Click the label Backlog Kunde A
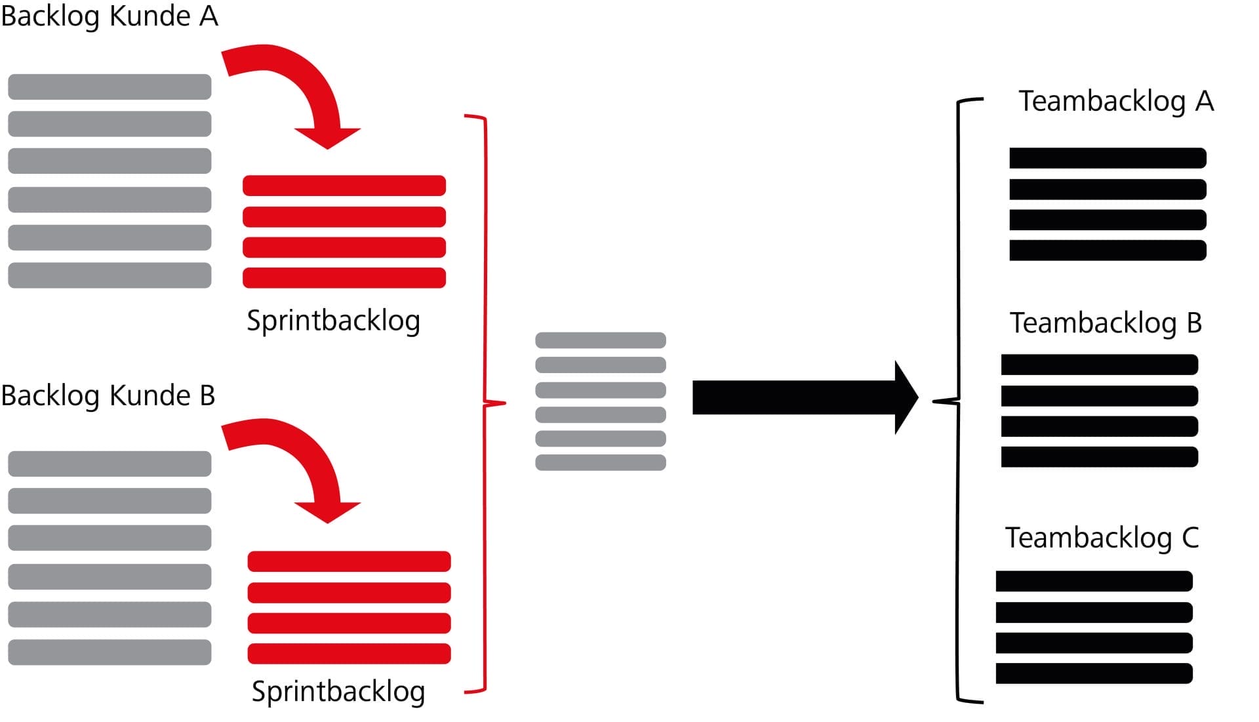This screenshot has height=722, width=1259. pyautogui.click(x=110, y=16)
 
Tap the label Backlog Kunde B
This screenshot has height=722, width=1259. pyautogui.click(x=108, y=395)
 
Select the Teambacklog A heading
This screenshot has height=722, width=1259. pyautogui.click(x=1115, y=102)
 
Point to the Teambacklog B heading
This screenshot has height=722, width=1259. pyautogui.click(x=1105, y=323)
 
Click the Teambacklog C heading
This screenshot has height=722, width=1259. pyautogui.click(x=1102, y=538)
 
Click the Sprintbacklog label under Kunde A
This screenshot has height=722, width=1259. pyautogui.click(x=333, y=321)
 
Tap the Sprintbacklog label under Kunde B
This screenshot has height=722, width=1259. pyautogui.click(x=338, y=692)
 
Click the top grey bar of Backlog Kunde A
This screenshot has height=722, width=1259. pyautogui.click(x=110, y=87)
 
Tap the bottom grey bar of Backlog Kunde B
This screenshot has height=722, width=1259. pyautogui.click(x=110, y=652)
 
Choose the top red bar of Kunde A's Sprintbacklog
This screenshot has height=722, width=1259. pyautogui.click(x=344, y=186)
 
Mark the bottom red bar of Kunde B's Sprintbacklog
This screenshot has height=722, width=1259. pyautogui.click(x=349, y=654)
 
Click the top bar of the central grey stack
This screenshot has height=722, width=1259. pyautogui.click(x=601, y=340)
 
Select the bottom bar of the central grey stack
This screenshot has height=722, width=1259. pyautogui.click(x=601, y=462)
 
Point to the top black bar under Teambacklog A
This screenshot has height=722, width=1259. pyautogui.click(x=1108, y=158)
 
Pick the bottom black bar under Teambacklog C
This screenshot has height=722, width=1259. pyautogui.click(x=1094, y=673)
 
